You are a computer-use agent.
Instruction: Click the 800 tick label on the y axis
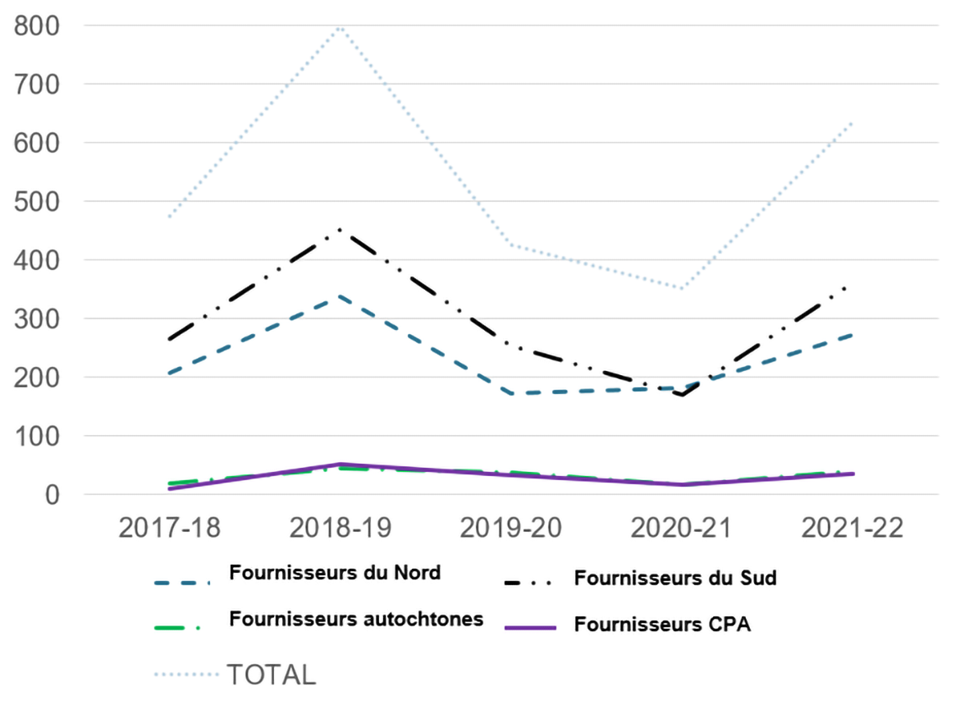(x=37, y=26)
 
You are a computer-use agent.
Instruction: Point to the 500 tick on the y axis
(x=37, y=202)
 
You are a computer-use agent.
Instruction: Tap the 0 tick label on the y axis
(x=53, y=495)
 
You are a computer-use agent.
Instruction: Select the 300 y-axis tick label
(x=37, y=319)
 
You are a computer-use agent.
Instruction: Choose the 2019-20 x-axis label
(x=510, y=527)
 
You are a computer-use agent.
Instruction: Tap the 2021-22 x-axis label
(x=853, y=527)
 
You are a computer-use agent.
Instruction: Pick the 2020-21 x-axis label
(x=682, y=527)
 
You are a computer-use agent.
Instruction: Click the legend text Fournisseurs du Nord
(x=335, y=573)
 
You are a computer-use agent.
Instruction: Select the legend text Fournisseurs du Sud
(x=675, y=579)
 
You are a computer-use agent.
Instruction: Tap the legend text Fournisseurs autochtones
(x=356, y=619)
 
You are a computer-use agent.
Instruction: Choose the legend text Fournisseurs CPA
(x=663, y=625)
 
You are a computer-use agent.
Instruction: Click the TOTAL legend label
(x=271, y=675)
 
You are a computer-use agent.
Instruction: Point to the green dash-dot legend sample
(x=182, y=628)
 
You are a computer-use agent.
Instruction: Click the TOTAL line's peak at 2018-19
(x=340, y=27)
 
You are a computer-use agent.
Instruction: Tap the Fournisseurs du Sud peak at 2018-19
(x=340, y=229)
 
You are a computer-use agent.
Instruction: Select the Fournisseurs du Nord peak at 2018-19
(x=340, y=295)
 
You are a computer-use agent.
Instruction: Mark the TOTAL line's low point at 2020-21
(x=682, y=289)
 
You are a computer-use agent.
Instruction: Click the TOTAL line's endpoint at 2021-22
(x=853, y=121)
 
